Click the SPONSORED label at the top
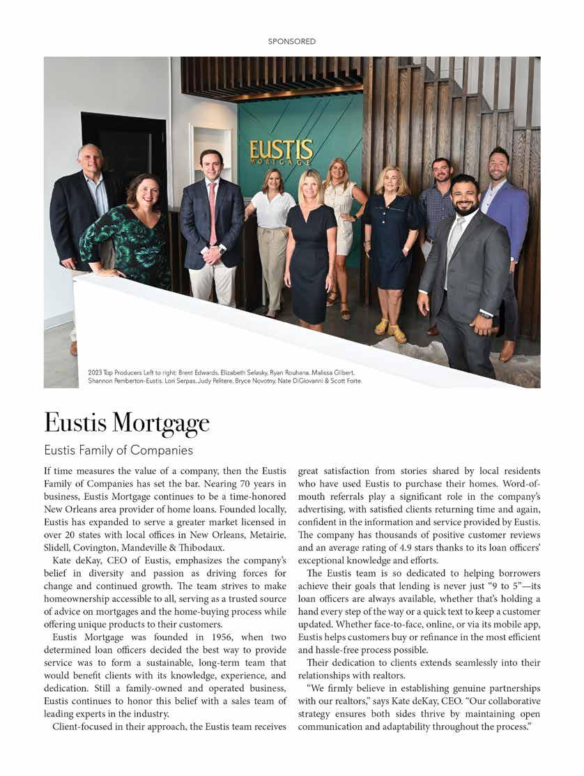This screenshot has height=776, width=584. [x=292, y=42]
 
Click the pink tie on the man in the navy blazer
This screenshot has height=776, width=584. [x=213, y=213]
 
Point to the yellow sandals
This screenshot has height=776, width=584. [x=390, y=327]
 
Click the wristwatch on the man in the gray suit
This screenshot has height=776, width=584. [x=486, y=314]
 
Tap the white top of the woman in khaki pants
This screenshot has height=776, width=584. [x=272, y=209]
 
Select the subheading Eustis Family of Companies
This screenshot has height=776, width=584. [x=118, y=450]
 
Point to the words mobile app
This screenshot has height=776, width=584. [x=515, y=625]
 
